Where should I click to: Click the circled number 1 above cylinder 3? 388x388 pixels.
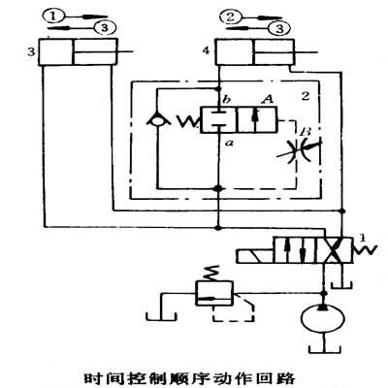click(x=54, y=16)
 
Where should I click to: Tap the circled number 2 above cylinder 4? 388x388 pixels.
click(x=230, y=16)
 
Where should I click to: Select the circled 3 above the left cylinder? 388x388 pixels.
click(x=105, y=28)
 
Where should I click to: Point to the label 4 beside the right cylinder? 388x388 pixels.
click(x=206, y=50)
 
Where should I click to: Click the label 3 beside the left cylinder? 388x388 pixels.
click(x=31, y=51)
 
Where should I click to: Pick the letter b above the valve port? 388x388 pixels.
click(x=227, y=100)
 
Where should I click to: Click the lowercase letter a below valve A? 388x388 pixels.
click(x=230, y=143)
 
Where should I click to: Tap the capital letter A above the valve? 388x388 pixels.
click(x=268, y=100)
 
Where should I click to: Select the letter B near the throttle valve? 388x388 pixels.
click(x=305, y=132)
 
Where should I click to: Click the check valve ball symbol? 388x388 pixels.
click(x=158, y=120)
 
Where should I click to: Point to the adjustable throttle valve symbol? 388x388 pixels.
click(x=298, y=151)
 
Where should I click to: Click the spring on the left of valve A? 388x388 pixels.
click(x=188, y=121)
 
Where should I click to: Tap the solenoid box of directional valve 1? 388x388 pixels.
click(x=255, y=256)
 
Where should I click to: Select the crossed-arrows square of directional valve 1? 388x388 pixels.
click(x=334, y=250)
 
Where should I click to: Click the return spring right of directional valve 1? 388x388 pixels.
click(x=364, y=250)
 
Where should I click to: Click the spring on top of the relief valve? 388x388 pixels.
click(x=212, y=274)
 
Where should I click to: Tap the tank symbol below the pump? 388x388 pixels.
click(x=324, y=349)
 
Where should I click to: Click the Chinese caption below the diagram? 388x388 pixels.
click(x=189, y=378)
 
